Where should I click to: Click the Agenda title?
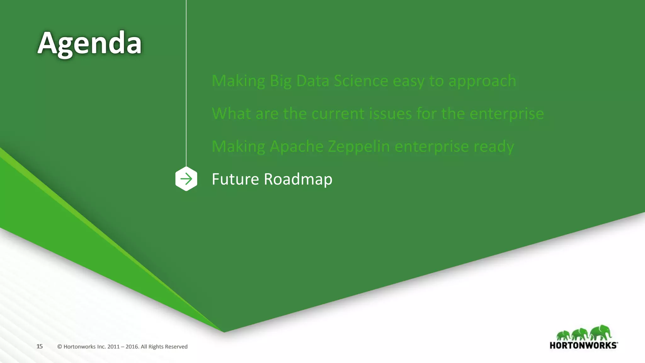click(x=90, y=43)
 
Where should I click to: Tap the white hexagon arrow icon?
click(x=186, y=179)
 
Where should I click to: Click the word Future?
click(x=235, y=179)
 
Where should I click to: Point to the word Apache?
click(x=296, y=147)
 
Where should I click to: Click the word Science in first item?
click(x=361, y=81)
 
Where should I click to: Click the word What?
click(x=231, y=114)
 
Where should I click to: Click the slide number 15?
click(x=39, y=346)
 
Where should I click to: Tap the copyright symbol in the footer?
click(x=60, y=347)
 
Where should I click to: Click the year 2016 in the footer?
click(x=132, y=347)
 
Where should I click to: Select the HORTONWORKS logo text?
click(x=583, y=345)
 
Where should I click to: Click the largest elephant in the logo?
click(x=601, y=332)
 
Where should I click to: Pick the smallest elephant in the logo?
click(x=563, y=335)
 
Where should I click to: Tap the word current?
click(x=338, y=114)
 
